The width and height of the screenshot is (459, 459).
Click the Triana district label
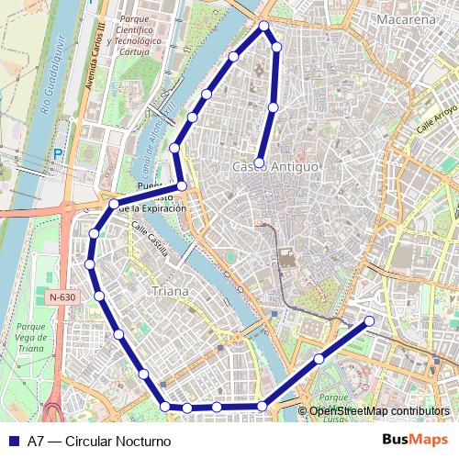pyautogui.click(x=172, y=291)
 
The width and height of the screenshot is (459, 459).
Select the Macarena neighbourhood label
pyautogui.click(x=405, y=19)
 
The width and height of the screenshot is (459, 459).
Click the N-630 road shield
pyautogui.click(x=63, y=297)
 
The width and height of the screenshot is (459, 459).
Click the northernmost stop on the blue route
pyautogui.click(x=264, y=26)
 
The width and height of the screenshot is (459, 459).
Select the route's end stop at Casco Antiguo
pyautogui.click(x=260, y=163)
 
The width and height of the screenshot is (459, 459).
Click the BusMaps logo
pyautogui.click(x=415, y=440)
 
